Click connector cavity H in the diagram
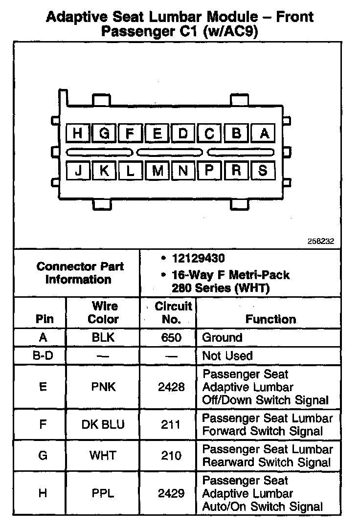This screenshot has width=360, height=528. (x=77, y=133)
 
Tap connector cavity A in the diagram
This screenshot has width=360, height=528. (x=264, y=133)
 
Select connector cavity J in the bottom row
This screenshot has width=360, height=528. (x=77, y=170)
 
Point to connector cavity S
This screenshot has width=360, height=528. (x=263, y=170)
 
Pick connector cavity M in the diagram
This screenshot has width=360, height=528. (x=157, y=170)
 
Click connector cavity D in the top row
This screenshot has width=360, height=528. (x=183, y=133)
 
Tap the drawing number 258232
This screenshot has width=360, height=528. (x=321, y=241)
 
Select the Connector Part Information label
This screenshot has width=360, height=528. (x=80, y=273)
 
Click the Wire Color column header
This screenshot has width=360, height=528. (x=104, y=313)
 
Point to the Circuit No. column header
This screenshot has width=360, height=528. (x=173, y=313)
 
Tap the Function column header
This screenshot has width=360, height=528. (x=270, y=319)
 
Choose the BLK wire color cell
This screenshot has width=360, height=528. (x=104, y=337)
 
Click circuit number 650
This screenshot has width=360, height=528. (x=171, y=337)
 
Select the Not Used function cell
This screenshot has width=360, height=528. (x=227, y=356)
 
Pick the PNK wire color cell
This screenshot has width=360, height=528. (x=104, y=387)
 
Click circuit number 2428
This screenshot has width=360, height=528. (x=171, y=387)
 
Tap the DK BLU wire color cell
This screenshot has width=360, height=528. (x=103, y=424)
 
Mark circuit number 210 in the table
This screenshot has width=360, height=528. (x=171, y=456)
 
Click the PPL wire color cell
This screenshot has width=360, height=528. (x=103, y=493)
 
